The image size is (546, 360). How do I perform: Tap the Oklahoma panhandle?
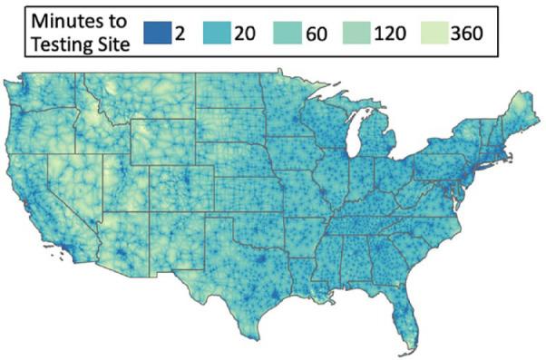214,220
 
